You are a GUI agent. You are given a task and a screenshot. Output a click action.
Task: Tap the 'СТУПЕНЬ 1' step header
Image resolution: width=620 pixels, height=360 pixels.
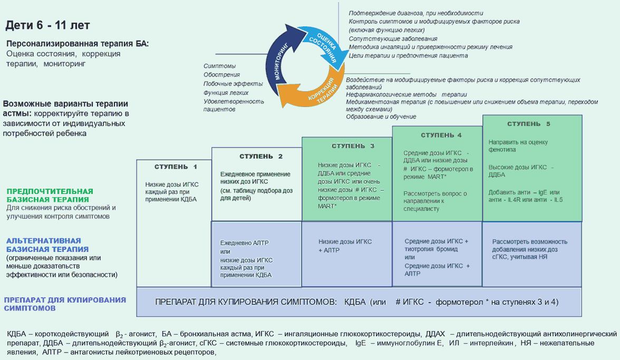176,167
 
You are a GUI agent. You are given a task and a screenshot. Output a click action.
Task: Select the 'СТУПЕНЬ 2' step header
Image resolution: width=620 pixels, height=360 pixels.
261,157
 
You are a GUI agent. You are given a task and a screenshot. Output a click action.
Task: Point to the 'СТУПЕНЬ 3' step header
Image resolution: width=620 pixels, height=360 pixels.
353,146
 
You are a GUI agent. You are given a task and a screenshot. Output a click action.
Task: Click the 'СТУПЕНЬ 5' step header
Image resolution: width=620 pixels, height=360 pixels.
528,124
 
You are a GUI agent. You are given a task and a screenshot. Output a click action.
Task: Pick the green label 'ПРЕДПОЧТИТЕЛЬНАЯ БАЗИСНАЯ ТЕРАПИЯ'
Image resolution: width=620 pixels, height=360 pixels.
50,195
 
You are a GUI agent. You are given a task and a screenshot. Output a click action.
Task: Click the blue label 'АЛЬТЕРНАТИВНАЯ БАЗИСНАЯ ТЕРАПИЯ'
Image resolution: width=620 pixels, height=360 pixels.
47,244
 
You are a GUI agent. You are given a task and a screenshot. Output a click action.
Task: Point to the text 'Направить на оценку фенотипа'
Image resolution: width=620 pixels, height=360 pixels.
518,146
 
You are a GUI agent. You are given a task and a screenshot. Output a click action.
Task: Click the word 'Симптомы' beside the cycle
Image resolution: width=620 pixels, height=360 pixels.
219,66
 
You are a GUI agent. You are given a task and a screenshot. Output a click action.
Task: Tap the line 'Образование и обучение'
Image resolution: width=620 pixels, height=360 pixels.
381,116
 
